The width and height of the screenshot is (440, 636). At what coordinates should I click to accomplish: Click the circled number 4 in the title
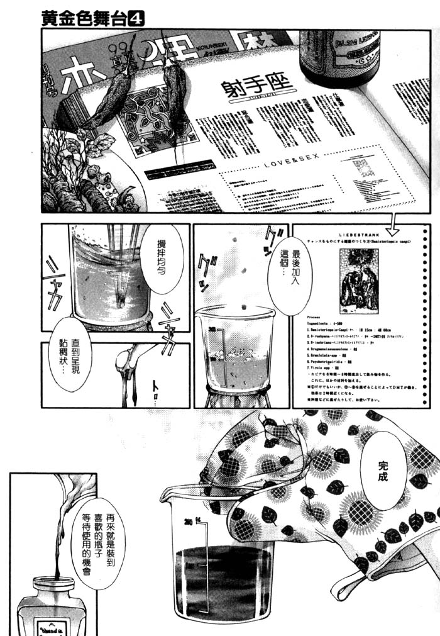pos(136,19)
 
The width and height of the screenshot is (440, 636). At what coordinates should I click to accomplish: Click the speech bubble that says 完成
pos(383,474)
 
